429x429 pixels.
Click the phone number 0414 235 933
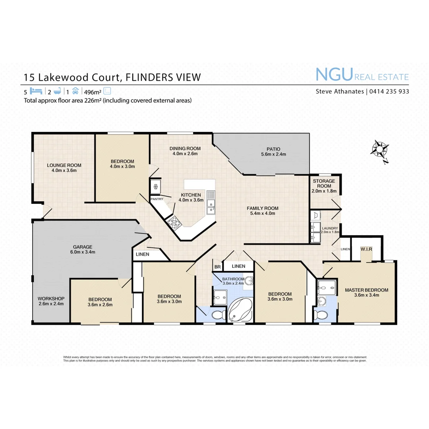tap(389, 91)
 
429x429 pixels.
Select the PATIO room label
tap(273, 149)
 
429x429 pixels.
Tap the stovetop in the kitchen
tap(174, 222)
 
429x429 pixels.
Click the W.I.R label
tap(366, 249)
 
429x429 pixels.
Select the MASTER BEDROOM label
tap(366, 290)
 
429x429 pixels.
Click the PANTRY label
tap(157, 199)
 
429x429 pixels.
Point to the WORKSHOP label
tap(51, 299)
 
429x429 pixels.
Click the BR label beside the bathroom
tap(217, 267)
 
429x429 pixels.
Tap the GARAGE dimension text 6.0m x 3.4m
tap(82, 252)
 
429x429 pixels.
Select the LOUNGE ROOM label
tap(64, 165)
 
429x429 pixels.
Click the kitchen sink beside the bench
tap(211, 206)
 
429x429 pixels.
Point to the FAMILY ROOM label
tap(263, 208)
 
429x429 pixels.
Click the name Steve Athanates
tap(340, 91)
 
